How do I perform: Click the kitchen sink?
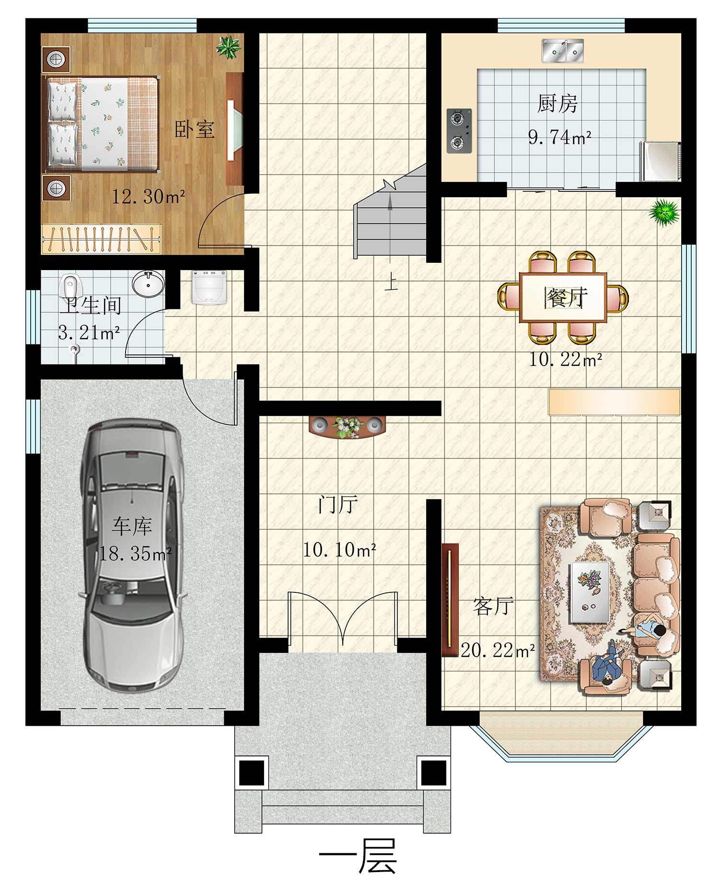pos(563,51)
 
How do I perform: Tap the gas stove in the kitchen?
pos(459,131)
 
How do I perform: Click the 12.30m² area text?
pos(148,196)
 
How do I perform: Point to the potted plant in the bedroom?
pos(228,47)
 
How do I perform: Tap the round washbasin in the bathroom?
pos(148,284)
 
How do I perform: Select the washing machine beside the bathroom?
pos(209,287)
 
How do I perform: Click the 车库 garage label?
pos(132,527)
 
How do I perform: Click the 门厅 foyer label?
pos(337,505)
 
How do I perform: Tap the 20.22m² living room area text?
pos(498,650)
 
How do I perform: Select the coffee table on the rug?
pos(590,592)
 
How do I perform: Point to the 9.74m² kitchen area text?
pos(559,137)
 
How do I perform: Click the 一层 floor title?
pos(358,856)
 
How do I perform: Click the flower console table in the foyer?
pos(348,426)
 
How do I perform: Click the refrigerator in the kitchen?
pos(661,161)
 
